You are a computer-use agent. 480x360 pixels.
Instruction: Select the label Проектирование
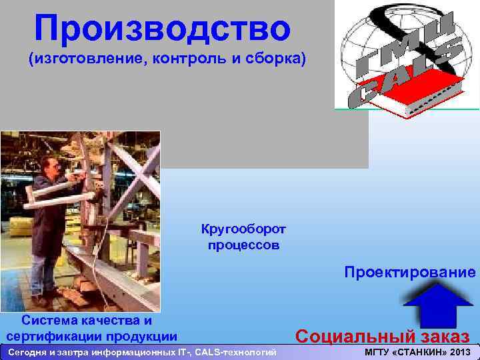coord(410,272)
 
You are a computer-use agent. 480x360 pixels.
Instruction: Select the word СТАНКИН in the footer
coord(419,352)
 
